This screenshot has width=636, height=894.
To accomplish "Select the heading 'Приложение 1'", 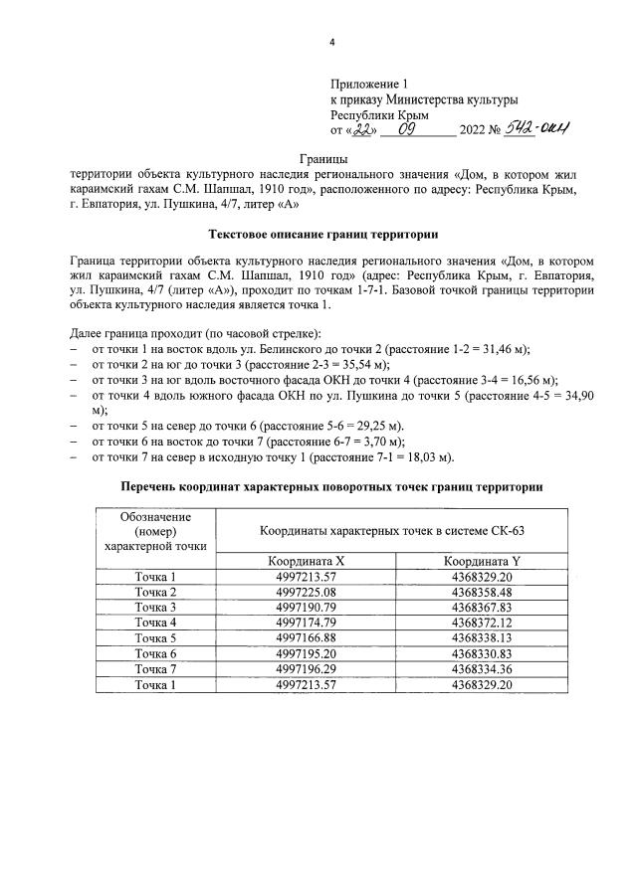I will pyautogui.click(x=369, y=84).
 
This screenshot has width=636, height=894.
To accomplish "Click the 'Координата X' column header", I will pyautogui.click(x=305, y=560).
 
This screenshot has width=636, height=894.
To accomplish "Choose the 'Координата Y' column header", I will pyautogui.click(x=482, y=560).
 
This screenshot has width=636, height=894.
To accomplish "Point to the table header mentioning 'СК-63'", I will pyautogui.click(x=392, y=532).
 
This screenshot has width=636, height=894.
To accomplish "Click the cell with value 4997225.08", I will pyautogui.click(x=305, y=592).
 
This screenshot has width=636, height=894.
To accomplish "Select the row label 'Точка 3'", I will pyautogui.click(x=154, y=607).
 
